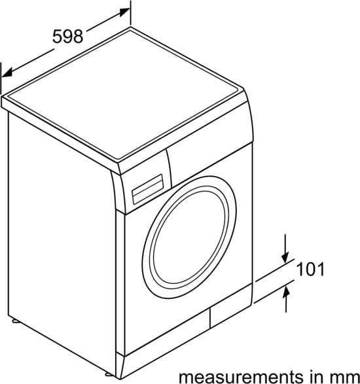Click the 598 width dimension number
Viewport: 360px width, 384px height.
pyautogui.click(x=67, y=37)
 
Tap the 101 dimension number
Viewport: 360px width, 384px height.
pyautogui.click(x=310, y=269)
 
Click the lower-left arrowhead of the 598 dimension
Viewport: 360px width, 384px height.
pyautogui.click(x=7, y=73)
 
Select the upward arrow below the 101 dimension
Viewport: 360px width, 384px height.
pyautogui.click(x=286, y=299)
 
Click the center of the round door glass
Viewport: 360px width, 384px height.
pyautogui.click(x=189, y=237)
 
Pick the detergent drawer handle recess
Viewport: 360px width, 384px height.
pyautogui.click(x=147, y=189)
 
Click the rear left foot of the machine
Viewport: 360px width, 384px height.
pyautogui.click(x=15, y=321)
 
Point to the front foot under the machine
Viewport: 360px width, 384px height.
pyautogui.click(x=109, y=374)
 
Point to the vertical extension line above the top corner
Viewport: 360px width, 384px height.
pyautogui.click(x=130, y=12)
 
